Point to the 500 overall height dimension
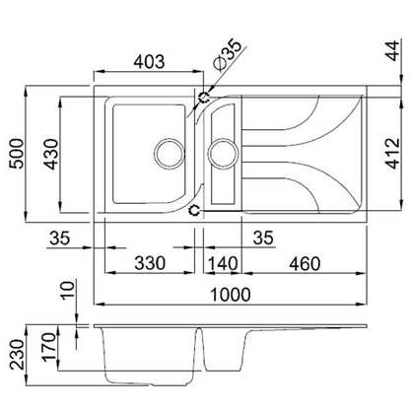pyautogui.click(x=14, y=152)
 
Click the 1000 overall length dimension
pyautogui.click(x=230, y=294)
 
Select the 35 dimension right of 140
pyautogui.click(x=263, y=237)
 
